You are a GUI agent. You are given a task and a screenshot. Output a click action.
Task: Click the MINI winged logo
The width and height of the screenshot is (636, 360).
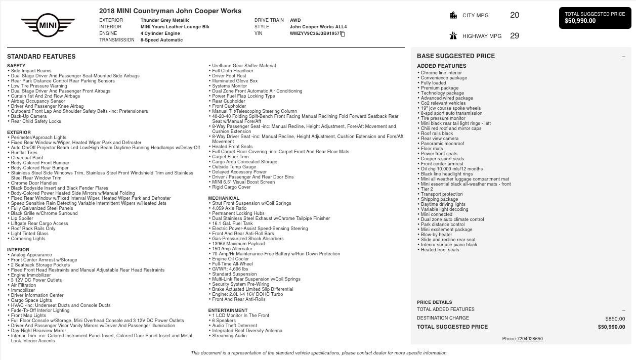[x=48, y=25]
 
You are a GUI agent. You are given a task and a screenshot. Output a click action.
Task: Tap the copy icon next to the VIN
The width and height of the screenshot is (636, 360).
[x=343, y=34]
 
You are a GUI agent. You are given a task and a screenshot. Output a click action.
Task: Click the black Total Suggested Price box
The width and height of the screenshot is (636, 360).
[x=595, y=18]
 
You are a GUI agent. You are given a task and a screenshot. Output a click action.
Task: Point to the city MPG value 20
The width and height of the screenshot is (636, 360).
[x=515, y=15]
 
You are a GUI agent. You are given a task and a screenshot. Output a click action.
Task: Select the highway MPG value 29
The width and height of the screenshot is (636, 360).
[x=515, y=36]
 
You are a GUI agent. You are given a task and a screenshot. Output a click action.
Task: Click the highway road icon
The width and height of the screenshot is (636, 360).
[x=453, y=36]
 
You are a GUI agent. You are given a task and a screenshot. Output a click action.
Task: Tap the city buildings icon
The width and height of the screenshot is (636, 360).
[x=453, y=15]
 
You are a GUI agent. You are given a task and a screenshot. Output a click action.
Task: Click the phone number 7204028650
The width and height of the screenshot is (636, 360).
[x=530, y=339]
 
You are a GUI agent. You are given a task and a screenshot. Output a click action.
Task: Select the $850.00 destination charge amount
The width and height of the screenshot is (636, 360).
[x=615, y=319]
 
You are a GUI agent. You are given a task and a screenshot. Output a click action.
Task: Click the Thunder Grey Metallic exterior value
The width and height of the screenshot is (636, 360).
[x=165, y=20]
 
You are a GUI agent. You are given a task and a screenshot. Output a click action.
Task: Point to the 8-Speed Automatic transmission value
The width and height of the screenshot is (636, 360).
[x=161, y=40]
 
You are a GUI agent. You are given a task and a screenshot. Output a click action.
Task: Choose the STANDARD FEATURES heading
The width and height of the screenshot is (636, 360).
[x=41, y=57]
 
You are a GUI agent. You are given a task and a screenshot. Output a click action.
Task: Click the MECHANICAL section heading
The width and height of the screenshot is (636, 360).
[x=224, y=198]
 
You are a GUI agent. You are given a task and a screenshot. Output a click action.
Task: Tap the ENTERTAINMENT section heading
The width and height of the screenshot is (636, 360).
[x=228, y=310]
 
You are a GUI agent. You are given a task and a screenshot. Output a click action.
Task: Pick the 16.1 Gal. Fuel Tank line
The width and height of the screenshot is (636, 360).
[x=232, y=223]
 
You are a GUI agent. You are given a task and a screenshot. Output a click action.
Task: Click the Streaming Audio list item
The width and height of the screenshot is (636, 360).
[x=229, y=336]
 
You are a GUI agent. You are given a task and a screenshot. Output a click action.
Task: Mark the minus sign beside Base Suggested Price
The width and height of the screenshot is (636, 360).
[x=623, y=57]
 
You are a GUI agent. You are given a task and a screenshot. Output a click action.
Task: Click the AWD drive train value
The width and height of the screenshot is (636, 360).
[x=295, y=20]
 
